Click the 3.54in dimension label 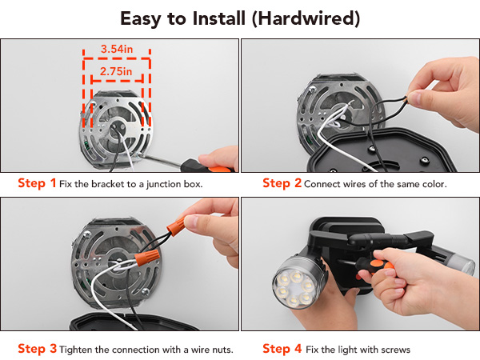pyautogui.click(x=117, y=49)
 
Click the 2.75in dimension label pyautogui.click(x=116, y=71)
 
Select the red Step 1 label pyautogui.click(x=37, y=182)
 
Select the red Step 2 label pyautogui.click(x=282, y=182)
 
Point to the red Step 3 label pyautogui.click(x=38, y=348)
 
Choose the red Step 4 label pyautogui.click(x=282, y=348)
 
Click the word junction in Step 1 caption pyautogui.click(x=164, y=184)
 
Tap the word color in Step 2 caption pyautogui.click(x=434, y=184)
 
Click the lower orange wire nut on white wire pyautogui.click(x=147, y=257)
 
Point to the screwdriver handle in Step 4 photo pyautogui.click(x=374, y=267)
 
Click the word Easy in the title pyautogui.click(x=141, y=19)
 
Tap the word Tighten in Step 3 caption pyautogui.click(x=76, y=350)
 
